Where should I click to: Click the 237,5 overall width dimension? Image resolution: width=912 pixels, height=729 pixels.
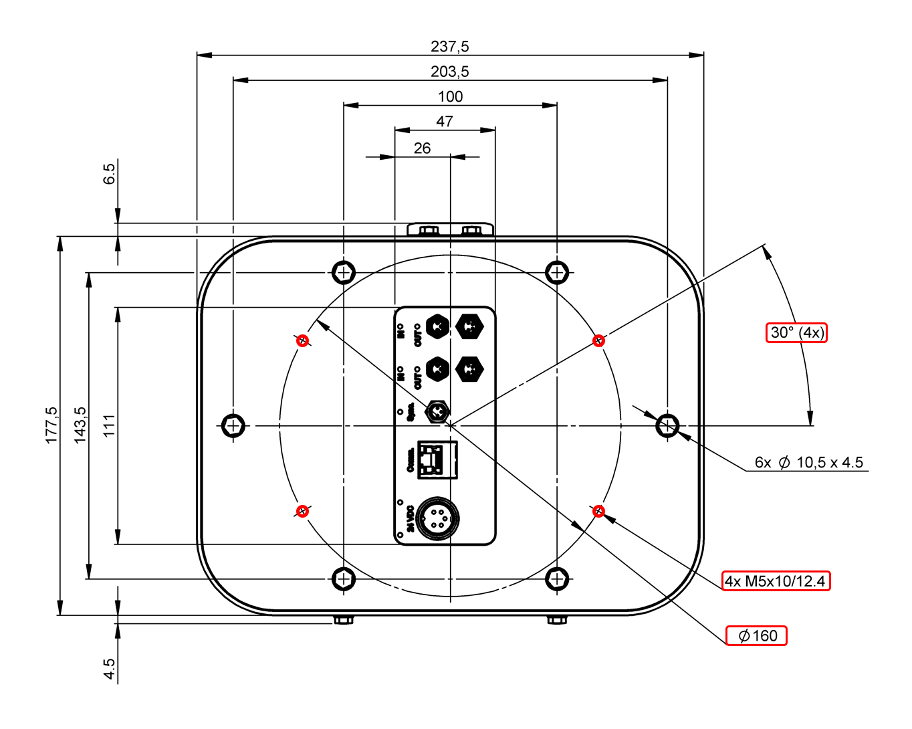point(449,46)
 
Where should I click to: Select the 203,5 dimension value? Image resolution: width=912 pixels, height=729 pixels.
point(449,71)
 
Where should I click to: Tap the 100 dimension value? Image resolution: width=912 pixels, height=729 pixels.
point(450,96)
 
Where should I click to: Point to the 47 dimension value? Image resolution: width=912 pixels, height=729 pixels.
point(445,121)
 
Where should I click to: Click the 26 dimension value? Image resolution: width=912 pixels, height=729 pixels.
point(422,148)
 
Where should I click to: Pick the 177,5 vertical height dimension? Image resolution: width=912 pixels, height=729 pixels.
point(51,425)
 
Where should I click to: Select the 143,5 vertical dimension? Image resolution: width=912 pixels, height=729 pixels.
point(80,425)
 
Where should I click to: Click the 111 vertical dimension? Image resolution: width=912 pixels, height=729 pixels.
point(109,425)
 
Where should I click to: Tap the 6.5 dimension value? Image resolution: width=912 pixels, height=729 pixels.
point(109,174)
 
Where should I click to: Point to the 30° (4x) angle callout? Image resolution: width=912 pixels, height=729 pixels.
point(796,332)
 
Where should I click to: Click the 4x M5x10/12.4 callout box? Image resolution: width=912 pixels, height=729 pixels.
point(776,581)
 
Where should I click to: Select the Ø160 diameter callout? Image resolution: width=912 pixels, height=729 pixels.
point(757,635)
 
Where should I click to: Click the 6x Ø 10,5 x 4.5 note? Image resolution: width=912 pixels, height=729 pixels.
point(808,462)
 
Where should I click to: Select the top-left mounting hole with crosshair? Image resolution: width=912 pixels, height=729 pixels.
point(344,272)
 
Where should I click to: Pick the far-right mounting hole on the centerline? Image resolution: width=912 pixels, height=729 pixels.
point(667,425)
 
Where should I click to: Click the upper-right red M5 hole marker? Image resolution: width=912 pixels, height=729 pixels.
point(598,340)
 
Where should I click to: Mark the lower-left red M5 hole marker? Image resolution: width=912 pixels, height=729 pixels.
point(302,511)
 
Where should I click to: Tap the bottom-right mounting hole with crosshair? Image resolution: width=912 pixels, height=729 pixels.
point(556,579)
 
